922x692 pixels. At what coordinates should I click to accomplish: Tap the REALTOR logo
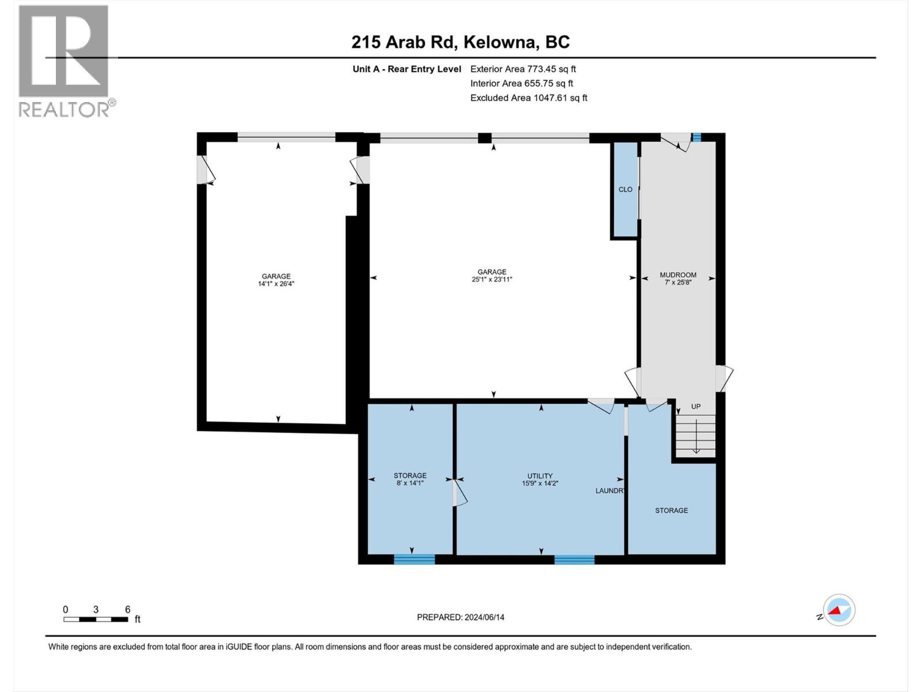64,61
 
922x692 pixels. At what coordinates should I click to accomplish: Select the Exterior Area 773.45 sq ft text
523,69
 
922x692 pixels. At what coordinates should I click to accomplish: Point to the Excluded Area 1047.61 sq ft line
528,98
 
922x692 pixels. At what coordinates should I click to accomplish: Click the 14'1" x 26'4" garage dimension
276,284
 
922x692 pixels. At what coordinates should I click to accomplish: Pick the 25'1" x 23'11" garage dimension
492,279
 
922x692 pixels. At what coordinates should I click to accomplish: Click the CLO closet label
625,189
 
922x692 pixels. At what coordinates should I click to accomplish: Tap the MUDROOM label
678,275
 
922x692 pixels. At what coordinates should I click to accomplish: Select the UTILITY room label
540,476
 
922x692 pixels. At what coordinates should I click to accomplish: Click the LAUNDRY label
610,491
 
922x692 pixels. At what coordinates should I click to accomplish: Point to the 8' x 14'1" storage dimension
410,483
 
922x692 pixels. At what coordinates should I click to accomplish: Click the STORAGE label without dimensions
671,510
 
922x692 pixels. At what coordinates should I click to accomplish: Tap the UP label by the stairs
696,407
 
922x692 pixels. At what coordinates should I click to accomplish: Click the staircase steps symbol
696,437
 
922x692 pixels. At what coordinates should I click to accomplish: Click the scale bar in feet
96,619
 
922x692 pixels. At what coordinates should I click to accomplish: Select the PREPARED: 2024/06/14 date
460,617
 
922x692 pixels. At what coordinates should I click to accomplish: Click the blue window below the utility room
574,559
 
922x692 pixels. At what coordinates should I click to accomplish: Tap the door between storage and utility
459,494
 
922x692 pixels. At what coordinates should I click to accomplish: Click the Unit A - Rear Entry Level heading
407,69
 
